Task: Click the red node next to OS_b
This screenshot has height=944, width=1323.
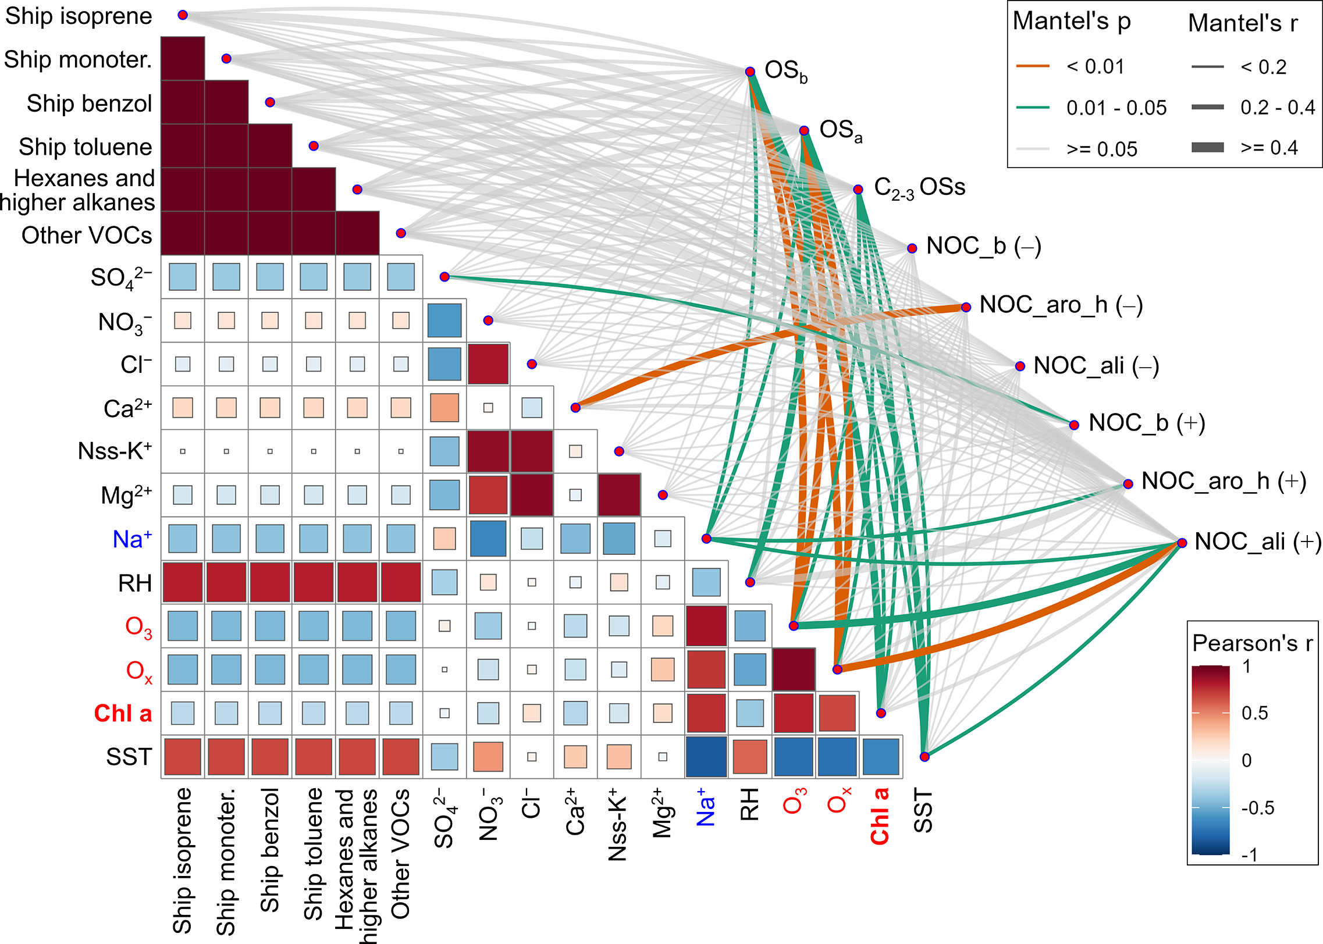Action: pos(750,72)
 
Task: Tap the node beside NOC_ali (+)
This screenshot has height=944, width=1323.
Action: pos(1182,543)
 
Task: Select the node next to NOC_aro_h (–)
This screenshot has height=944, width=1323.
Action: pos(966,307)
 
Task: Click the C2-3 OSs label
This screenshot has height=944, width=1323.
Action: pos(919,188)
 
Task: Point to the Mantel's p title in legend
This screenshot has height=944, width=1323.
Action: pos(1072,22)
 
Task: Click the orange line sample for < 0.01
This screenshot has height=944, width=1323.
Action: pos(1033,66)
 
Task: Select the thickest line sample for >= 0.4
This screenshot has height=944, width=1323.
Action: pos(1207,148)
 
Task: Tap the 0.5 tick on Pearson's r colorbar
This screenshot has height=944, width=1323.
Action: pos(1255,713)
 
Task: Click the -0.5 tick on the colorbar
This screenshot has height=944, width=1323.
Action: pos(1257,808)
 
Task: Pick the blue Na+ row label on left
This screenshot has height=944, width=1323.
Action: pos(133,539)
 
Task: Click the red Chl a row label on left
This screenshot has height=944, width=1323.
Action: pos(123,714)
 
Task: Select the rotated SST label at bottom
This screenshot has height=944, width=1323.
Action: pos(923,811)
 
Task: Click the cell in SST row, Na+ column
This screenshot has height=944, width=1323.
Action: pos(706,757)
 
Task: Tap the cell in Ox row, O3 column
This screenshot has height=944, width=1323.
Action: pos(794,669)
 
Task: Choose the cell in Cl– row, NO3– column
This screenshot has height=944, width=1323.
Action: pos(488,364)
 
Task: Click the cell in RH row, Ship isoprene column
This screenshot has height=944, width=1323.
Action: pos(183,582)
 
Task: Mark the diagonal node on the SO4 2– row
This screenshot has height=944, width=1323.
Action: pos(444,277)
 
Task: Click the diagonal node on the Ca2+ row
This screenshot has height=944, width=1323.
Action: pos(575,408)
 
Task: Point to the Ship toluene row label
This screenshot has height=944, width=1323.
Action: pos(86,147)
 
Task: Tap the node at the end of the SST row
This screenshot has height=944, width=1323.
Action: pos(924,757)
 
